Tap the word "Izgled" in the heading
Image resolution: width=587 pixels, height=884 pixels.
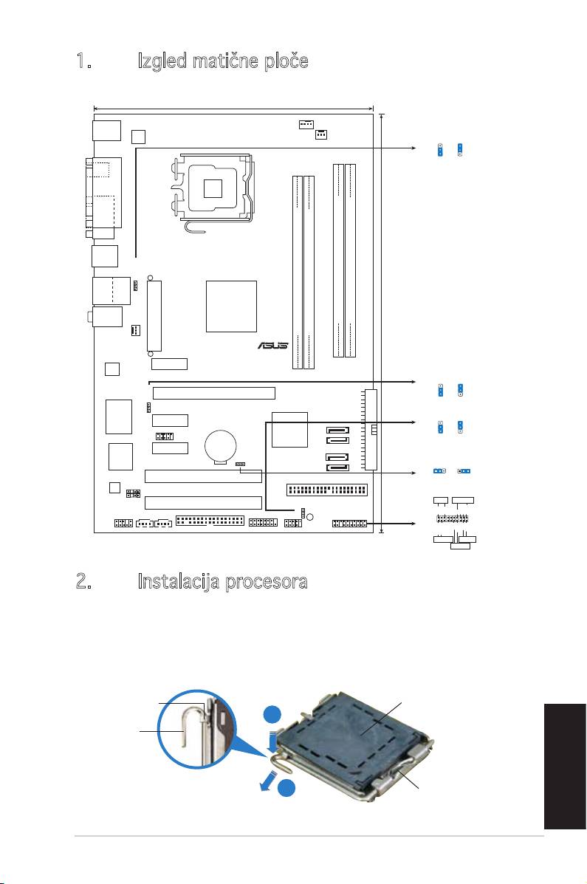tap(162, 61)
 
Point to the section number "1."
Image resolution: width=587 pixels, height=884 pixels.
tap(85, 61)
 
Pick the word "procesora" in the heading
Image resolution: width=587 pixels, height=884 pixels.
tap(266, 583)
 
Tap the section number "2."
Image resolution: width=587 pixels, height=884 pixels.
tap(85, 581)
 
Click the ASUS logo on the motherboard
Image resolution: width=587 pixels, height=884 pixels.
tap(273, 345)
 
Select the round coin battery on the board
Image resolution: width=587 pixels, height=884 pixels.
tap(221, 447)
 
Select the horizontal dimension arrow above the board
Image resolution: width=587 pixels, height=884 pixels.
tap(233, 109)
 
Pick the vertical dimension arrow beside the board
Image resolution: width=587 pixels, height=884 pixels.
tap(382, 323)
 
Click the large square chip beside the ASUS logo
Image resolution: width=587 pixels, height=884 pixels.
tap(231, 306)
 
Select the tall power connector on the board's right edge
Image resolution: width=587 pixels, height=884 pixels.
tap(371, 429)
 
